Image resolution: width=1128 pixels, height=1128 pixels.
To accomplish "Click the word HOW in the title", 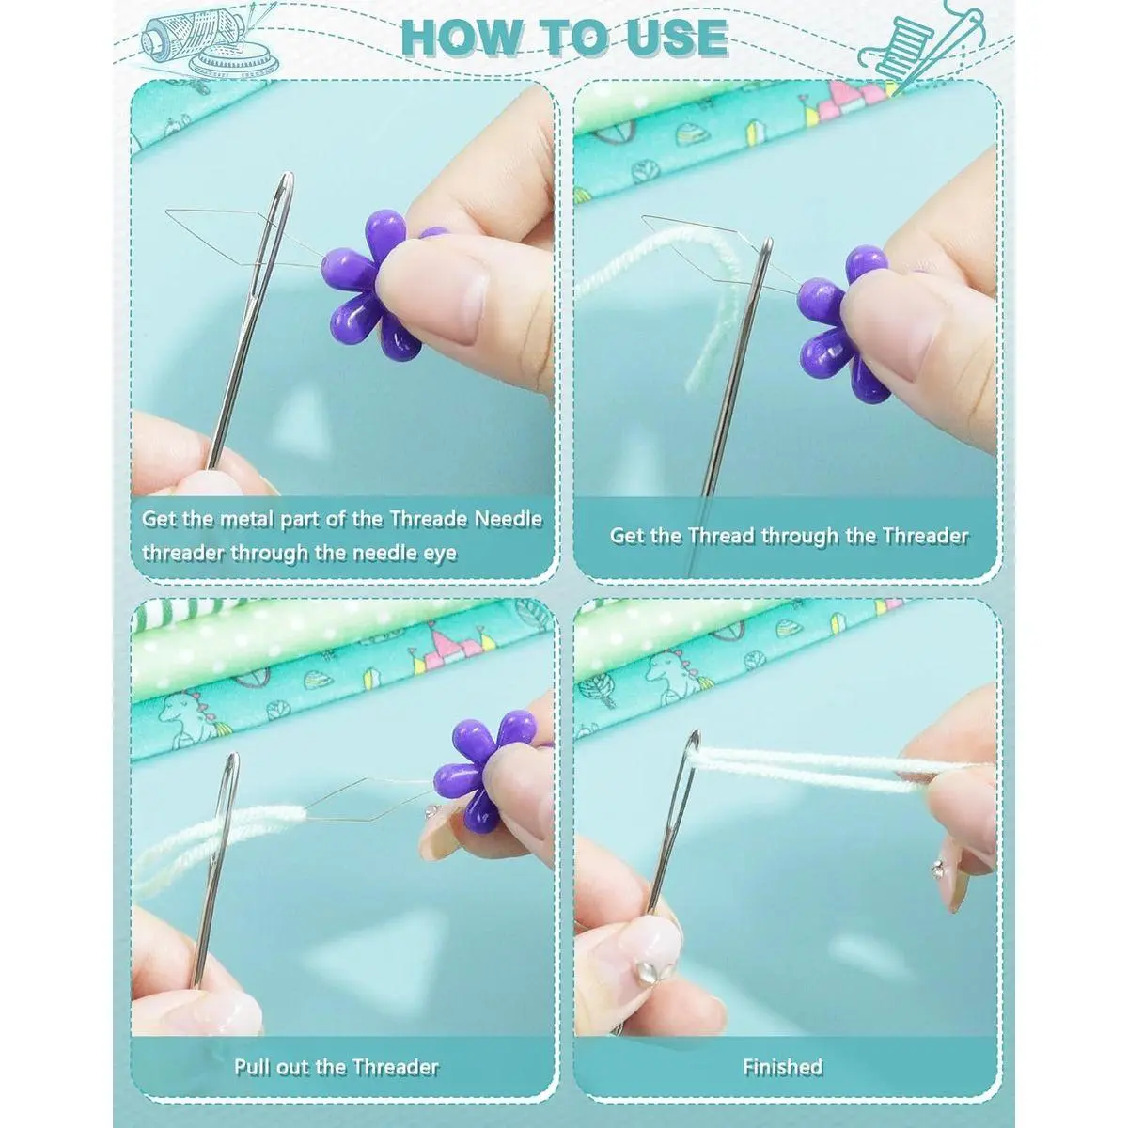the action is tap(461, 38).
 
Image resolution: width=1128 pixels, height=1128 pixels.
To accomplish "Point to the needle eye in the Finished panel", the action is tap(690, 767).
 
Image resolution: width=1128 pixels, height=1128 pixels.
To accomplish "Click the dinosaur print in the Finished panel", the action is tap(673, 673).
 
